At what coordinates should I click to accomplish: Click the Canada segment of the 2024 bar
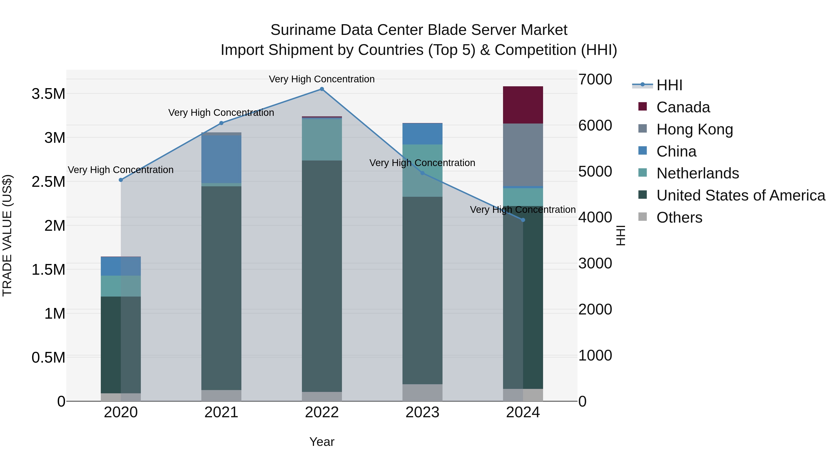point(523,105)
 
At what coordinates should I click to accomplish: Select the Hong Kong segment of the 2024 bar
point(523,155)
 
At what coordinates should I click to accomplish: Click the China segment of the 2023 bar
point(422,134)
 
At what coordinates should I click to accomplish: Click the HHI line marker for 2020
point(121,180)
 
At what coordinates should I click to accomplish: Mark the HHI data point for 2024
point(523,220)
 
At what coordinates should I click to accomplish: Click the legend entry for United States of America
point(740,195)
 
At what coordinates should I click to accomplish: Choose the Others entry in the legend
point(679,217)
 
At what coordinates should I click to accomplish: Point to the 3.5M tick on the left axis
point(48,94)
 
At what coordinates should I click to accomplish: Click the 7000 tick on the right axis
point(595,79)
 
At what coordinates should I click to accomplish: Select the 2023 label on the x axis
point(422,412)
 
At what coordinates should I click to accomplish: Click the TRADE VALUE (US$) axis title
point(7,235)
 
